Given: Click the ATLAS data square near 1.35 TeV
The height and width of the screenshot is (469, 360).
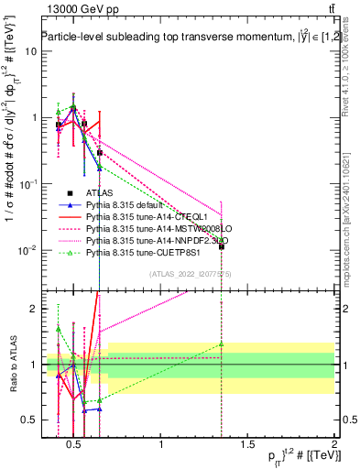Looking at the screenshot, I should pyautogui.click(x=221, y=246).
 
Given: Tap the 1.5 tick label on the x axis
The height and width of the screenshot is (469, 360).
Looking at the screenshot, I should pyautogui.click(x=247, y=446).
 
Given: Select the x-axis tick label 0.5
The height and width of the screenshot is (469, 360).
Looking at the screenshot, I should pyautogui.click(x=75, y=446).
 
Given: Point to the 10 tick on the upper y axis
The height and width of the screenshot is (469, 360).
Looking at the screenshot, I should pyautogui.click(x=31, y=51).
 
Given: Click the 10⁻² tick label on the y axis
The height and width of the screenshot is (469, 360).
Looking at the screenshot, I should pyautogui.click(x=27, y=250).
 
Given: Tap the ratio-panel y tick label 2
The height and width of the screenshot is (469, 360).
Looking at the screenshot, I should pyautogui.click(x=33, y=309).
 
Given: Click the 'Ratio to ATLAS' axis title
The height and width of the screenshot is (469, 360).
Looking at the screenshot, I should pyautogui.click(x=12, y=365).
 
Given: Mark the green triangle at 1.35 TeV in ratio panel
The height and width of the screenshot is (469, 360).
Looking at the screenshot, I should pyautogui.click(x=221, y=344).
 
